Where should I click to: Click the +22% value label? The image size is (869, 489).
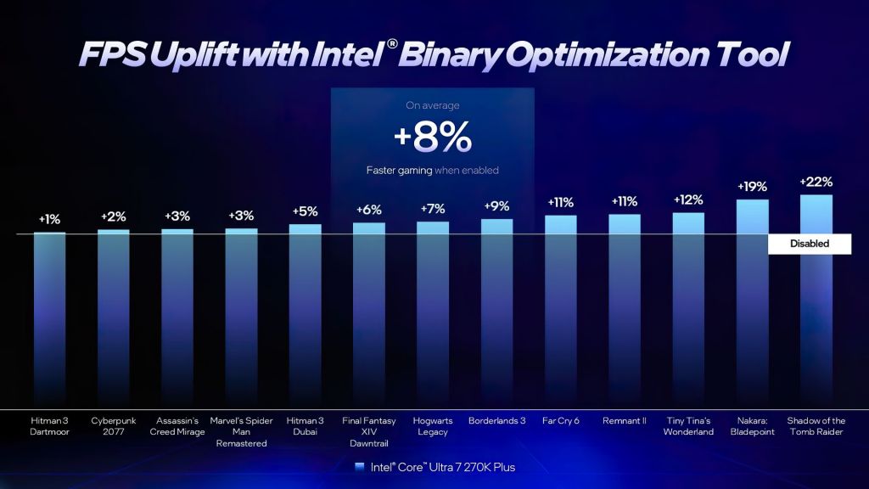point(816,182)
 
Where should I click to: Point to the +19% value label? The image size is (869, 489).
point(752,186)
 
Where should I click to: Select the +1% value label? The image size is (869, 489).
point(49,219)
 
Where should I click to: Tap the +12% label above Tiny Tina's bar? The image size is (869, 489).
point(688,200)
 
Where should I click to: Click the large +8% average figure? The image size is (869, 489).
point(432,137)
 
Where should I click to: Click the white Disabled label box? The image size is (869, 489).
point(809,244)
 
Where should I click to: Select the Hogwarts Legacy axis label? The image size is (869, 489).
point(433,426)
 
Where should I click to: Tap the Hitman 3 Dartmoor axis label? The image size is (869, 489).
point(49,426)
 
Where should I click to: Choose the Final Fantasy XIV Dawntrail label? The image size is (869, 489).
point(369,431)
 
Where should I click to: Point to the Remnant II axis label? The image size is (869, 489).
point(624,420)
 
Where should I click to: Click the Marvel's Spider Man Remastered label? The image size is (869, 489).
point(242,431)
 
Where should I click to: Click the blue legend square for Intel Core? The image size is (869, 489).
point(360,467)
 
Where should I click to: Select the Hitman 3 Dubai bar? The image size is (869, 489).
point(306,314)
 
